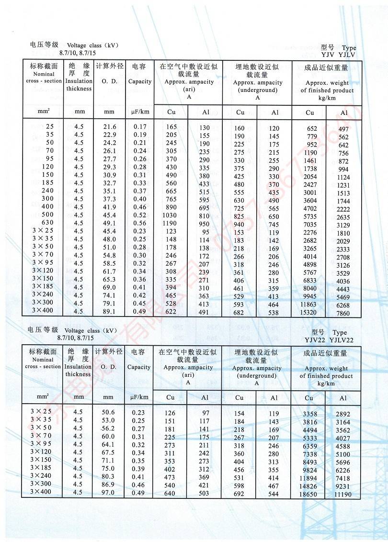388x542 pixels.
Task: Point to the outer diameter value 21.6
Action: point(110,126)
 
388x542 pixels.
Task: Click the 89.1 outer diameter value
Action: point(110,311)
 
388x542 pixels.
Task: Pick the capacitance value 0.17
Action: point(140,126)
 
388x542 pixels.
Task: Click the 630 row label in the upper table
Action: point(47,223)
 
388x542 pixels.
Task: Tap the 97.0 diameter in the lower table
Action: point(108,492)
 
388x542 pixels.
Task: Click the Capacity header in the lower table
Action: point(139,367)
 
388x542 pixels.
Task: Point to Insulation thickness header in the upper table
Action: point(79,85)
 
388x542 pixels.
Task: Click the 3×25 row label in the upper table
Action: point(43,231)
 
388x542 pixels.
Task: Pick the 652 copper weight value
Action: point(312,128)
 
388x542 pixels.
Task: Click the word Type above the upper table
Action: point(349,48)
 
